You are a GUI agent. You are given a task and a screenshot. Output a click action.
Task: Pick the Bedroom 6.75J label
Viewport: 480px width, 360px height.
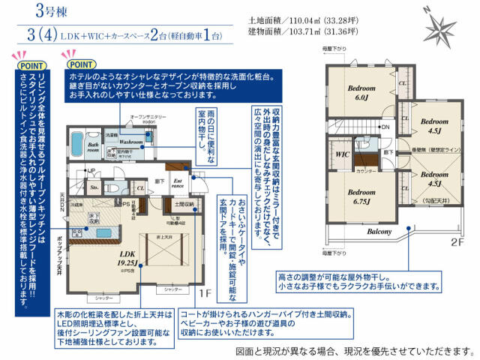pos(361,196)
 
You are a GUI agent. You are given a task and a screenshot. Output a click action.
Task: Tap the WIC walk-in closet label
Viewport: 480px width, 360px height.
pos(343,155)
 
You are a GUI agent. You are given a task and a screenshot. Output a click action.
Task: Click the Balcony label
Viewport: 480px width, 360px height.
pos(380,232)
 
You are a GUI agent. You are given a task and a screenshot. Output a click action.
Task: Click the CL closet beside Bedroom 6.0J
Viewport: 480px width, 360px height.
pos(403,83)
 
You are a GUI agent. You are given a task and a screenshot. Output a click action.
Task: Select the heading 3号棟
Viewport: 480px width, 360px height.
pos(49,13)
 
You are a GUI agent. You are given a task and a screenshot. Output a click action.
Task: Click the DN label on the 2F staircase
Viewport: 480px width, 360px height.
pos(385,127)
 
